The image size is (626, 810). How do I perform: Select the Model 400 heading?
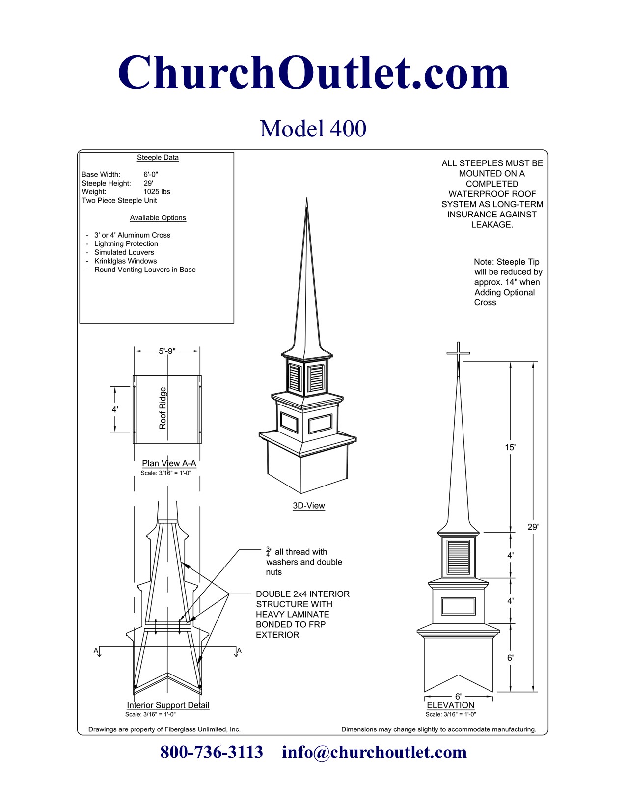point(313,129)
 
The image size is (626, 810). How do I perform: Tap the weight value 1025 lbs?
point(157,192)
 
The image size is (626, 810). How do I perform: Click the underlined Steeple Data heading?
point(158,157)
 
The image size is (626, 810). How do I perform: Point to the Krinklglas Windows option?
point(125,261)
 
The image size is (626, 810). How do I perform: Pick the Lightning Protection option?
point(126,244)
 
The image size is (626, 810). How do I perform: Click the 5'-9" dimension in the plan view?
point(167,351)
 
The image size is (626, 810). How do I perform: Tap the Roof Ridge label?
point(163,408)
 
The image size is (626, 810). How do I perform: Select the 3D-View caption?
point(309,506)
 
